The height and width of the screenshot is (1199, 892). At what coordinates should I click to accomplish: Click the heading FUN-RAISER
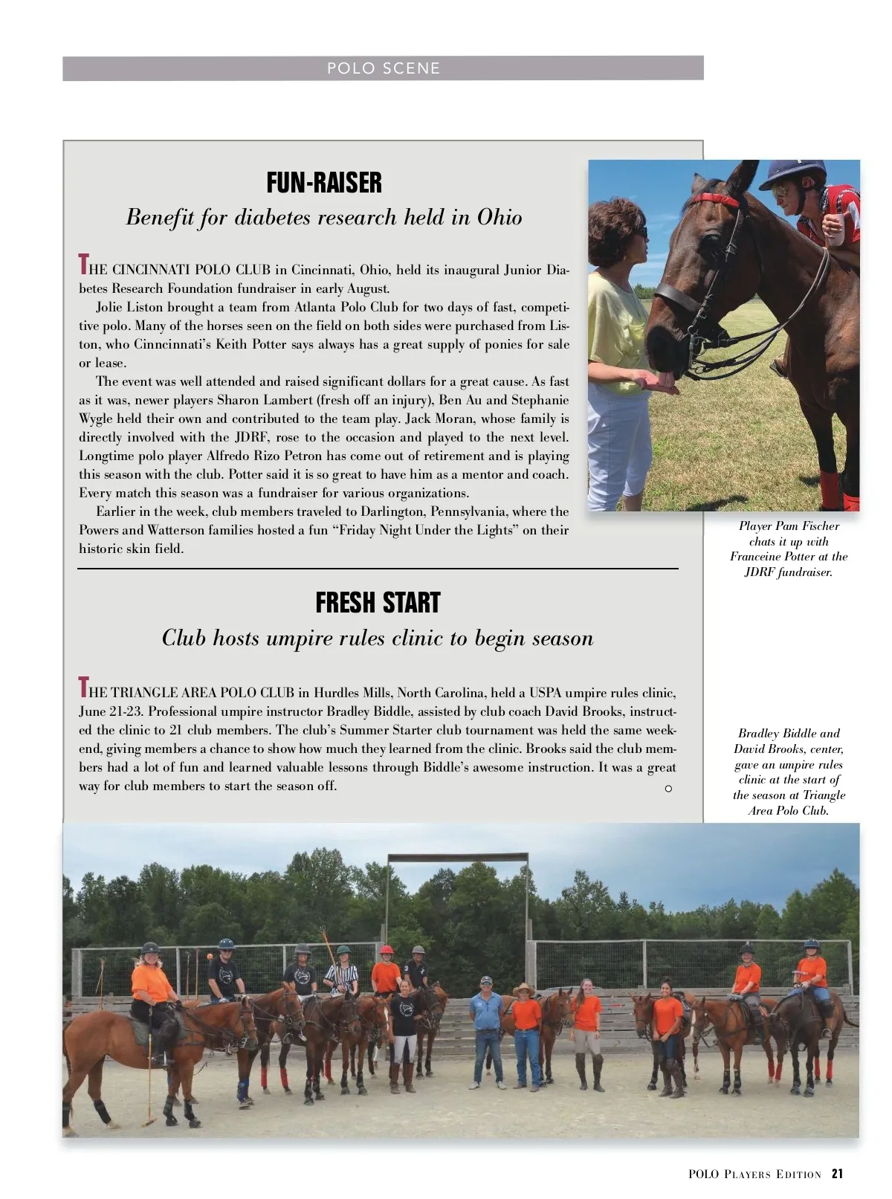(324, 183)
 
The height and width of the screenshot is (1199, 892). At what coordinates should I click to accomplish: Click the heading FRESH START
(378, 603)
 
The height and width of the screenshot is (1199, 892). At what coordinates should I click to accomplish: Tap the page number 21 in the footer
(838, 1174)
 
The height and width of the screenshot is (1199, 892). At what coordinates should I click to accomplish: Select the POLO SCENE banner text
(384, 68)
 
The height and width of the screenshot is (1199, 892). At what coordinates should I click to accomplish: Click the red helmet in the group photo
(386, 951)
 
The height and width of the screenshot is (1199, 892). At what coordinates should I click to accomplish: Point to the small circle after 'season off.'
(668, 788)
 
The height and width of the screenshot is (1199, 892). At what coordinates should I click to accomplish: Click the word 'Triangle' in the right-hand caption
(824, 795)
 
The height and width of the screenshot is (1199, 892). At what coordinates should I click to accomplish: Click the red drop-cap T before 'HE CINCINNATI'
(83, 264)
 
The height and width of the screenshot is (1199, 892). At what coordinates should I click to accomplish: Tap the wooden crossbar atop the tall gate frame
(457, 857)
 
